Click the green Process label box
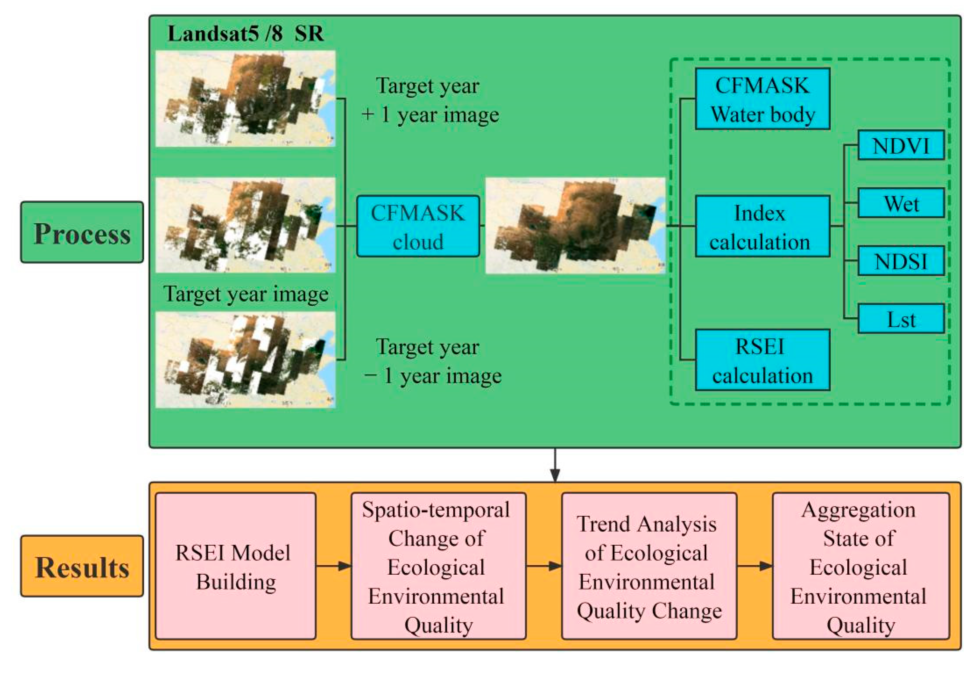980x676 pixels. [82, 232]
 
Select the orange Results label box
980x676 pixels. [82, 566]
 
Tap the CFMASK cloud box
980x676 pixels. [418, 226]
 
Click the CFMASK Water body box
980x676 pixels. [762, 99]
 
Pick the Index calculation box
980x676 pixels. [762, 226]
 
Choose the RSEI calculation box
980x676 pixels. [762, 360]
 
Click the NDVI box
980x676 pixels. [901, 145]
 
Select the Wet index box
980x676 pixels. [901, 203]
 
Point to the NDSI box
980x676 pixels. [901, 261]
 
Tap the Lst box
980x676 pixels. [901, 319]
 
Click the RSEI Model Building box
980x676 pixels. [236, 566]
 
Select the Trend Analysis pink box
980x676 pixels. [649, 566]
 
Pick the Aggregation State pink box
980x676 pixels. [860, 566]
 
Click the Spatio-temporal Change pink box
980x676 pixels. [438, 566]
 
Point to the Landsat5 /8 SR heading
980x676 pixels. [246, 33]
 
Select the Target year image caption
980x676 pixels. [246, 293]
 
